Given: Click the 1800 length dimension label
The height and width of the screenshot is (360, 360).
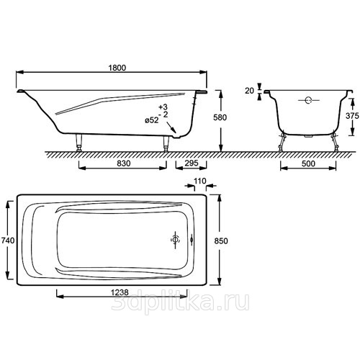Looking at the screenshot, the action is (x=117, y=68).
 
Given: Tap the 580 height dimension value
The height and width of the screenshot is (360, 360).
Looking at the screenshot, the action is (x=220, y=117).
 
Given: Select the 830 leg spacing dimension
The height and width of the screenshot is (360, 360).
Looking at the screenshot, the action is (x=124, y=163).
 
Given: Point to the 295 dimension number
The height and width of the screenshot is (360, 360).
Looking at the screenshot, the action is (x=192, y=163).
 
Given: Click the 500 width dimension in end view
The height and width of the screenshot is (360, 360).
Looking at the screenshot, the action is (x=308, y=163).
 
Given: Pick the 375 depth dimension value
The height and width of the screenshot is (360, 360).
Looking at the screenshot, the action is (x=352, y=116).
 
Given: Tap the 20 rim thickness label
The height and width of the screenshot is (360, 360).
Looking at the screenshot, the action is (x=249, y=91).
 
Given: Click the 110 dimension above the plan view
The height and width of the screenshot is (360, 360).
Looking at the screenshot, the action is (x=200, y=181).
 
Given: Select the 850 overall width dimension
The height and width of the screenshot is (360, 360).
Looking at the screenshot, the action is (x=221, y=240).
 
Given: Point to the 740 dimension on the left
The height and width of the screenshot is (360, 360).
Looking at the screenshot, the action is (x=8, y=240).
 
